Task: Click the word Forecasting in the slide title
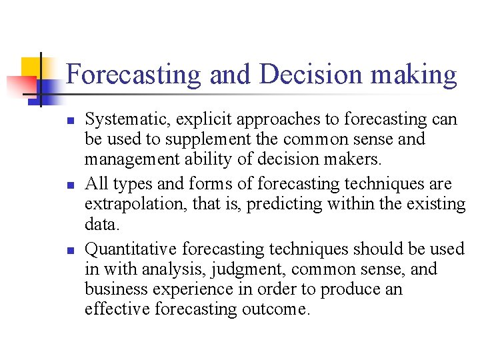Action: [x=133, y=75]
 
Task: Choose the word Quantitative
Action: [x=131, y=249]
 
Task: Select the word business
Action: [x=111, y=290]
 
